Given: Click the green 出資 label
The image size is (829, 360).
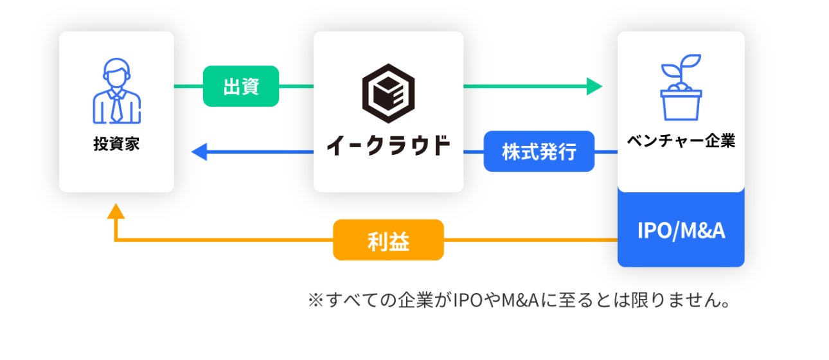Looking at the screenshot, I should pyautogui.click(x=241, y=86).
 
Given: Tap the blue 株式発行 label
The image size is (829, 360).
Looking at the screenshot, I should pyautogui.click(x=539, y=152).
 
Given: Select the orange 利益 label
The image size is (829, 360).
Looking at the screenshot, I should pyautogui.click(x=388, y=240).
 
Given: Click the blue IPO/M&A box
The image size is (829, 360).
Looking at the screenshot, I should pyautogui.click(x=681, y=230).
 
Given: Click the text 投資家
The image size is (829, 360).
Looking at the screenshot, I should pyautogui.click(x=116, y=143).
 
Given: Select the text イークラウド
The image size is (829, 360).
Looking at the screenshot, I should pyautogui.click(x=388, y=145).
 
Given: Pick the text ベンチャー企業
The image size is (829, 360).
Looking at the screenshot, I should pyautogui.click(x=681, y=141).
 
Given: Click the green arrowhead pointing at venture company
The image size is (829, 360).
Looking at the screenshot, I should pyautogui.click(x=594, y=86).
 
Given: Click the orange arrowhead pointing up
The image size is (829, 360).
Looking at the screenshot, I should pyautogui.click(x=116, y=212).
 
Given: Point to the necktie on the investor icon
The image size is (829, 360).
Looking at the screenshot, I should pyautogui.click(x=116, y=106).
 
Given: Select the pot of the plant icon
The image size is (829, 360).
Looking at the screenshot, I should pyautogui.click(x=681, y=105).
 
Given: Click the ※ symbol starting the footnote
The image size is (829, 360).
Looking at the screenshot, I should pyautogui.click(x=314, y=301).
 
